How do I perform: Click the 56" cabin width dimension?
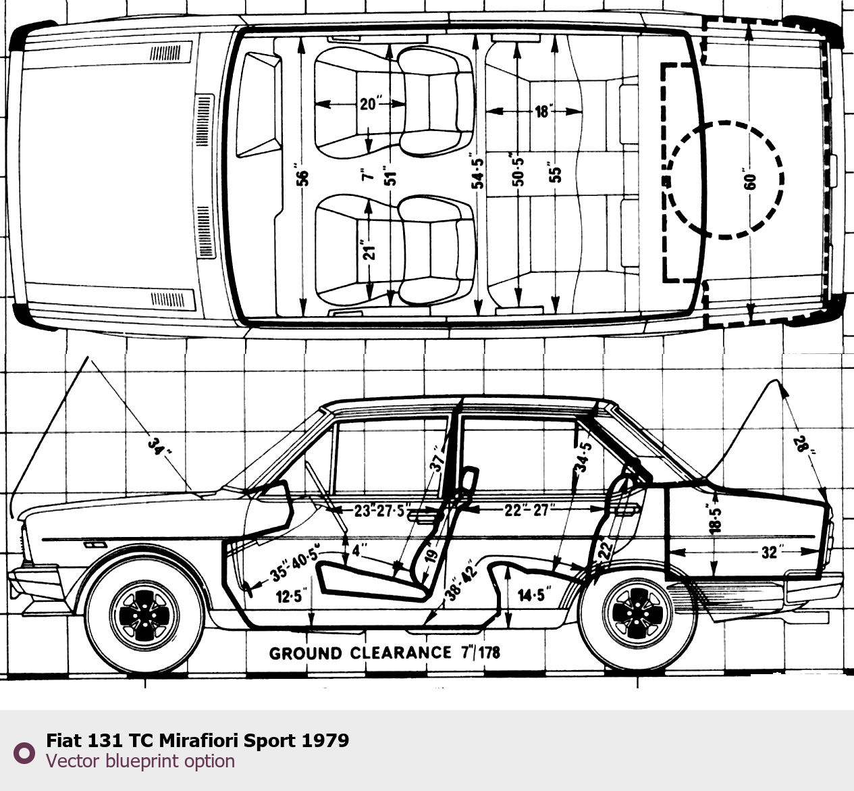pos(303,177)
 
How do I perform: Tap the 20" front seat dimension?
pos(369,104)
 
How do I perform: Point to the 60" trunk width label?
pos(750,181)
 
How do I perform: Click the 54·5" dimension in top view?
pos(478,173)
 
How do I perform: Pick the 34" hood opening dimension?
pos(157,446)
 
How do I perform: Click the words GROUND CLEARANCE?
pos(360,653)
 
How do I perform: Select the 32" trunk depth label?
pos(770,552)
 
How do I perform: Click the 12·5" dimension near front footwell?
pos(291,596)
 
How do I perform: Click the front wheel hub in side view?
pos(145,615)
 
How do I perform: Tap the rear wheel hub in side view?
pos(638,615)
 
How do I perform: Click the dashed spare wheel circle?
pos(724,180)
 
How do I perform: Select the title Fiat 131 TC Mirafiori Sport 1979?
pos(197,740)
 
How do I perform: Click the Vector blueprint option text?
pos(140,761)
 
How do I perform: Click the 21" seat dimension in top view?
pos(369,250)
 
